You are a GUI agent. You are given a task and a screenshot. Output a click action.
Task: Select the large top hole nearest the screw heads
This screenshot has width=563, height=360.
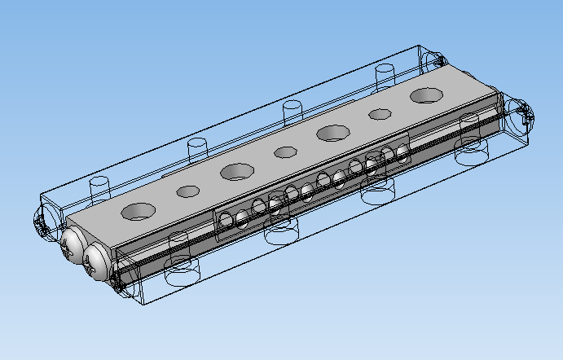[x=139, y=211]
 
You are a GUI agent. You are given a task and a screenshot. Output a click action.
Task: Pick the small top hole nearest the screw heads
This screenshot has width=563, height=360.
[x=188, y=191]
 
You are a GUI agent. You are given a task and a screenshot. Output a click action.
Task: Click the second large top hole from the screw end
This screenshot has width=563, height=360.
[x=236, y=172]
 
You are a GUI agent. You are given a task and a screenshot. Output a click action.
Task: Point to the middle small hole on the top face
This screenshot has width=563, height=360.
[x=285, y=151]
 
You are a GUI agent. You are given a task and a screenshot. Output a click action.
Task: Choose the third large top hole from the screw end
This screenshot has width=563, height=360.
[x=333, y=132]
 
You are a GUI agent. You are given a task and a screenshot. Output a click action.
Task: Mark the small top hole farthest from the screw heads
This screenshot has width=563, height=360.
[x=379, y=114]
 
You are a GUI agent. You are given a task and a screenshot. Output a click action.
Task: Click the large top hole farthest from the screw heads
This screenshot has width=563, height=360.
[x=425, y=95]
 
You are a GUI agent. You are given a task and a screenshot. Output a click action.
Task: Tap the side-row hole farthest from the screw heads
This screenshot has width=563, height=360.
[x=402, y=152]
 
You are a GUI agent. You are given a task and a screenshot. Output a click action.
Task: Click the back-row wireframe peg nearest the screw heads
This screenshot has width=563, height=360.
[x=99, y=185]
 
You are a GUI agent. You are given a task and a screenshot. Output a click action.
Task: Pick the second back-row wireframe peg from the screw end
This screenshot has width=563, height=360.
[x=196, y=148]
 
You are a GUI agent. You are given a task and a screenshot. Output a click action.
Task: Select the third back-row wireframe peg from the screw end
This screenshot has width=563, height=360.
[x=292, y=111]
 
